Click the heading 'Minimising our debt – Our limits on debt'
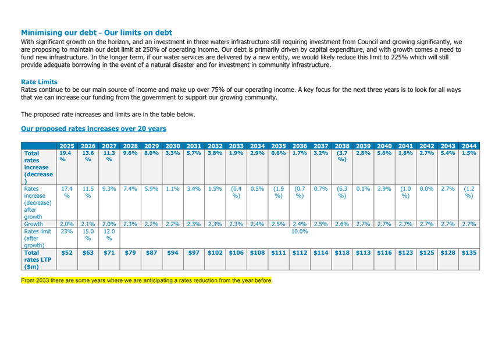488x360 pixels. pos(97,33)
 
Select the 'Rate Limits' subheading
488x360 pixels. pos(39,82)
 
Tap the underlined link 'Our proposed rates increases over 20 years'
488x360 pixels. pos(94,129)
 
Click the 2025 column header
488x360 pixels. pos(67,146)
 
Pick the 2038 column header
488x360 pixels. pos(342,146)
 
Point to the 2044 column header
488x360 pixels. pos(469,146)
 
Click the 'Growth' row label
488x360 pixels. pos(34,224)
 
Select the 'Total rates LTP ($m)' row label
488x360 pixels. pos(38,259)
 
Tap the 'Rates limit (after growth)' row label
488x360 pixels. pos(37,238)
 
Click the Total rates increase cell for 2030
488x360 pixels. pos(173,153)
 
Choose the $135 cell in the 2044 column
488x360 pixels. pos(469,252)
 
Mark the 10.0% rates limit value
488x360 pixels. pos(300,231)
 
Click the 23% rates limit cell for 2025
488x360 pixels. pos(67,231)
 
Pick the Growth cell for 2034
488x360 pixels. pos(258,224)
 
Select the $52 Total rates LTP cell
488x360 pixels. pos(67,252)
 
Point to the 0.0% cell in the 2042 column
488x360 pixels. pos(427,189)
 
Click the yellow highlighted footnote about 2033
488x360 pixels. pos(146,280)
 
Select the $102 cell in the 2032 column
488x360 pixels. pos(215,252)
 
